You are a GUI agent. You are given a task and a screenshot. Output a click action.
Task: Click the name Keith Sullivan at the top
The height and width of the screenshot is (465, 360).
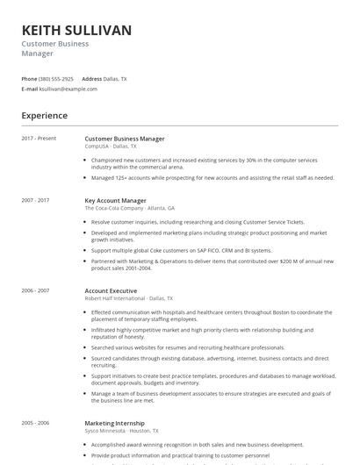click(x=76, y=31)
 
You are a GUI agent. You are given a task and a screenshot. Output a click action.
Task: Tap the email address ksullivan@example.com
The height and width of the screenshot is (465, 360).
click(x=68, y=89)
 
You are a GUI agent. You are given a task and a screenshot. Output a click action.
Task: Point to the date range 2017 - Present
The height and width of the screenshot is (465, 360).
click(x=39, y=139)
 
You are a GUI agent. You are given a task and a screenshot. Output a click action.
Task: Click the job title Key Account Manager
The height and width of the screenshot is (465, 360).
click(x=115, y=200)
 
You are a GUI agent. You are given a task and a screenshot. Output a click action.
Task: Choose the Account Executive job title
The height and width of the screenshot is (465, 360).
click(x=111, y=290)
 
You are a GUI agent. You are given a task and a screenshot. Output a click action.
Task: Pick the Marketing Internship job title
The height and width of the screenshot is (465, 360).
click(x=115, y=423)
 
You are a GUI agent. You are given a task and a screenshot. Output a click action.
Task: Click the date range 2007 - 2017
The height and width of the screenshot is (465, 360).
click(x=36, y=200)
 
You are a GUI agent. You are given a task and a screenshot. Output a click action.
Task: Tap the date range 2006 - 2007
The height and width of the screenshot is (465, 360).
click(x=36, y=290)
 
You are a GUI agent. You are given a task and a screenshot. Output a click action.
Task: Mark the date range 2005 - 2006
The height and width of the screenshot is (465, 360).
click(x=36, y=423)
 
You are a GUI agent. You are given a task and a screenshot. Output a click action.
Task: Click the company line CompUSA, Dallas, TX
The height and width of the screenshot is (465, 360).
click(x=111, y=147)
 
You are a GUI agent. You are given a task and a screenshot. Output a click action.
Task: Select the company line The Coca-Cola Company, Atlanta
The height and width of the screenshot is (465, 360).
click(x=129, y=209)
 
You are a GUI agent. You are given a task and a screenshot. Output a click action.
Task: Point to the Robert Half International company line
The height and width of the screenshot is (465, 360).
click(x=128, y=298)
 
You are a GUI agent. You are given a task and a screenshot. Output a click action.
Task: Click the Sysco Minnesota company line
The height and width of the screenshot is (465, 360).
click(x=121, y=431)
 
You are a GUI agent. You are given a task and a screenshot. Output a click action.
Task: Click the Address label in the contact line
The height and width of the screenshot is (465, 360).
click(x=91, y=79)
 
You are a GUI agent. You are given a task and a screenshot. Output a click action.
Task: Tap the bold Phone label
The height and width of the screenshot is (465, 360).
click(x=29, y=79)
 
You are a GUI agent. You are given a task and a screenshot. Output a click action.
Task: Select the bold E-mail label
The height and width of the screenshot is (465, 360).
click(x=30, y=89)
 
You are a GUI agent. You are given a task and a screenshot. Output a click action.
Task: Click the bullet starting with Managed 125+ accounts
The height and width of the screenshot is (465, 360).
click(x=212, y=177)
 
